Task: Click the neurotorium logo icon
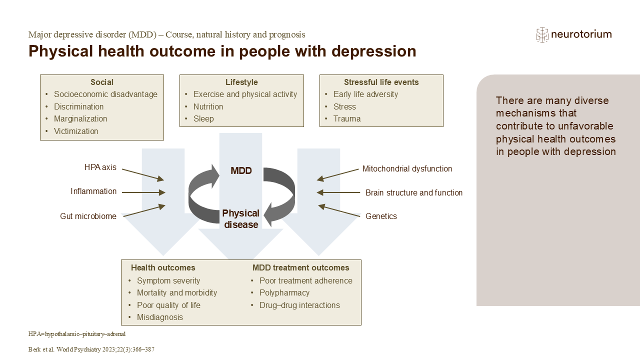(542, 34)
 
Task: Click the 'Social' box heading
(102, 82)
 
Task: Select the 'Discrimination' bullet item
(79, 106)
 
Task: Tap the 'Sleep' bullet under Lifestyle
(203, 119)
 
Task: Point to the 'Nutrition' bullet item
(208, 106)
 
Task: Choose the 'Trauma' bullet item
(347, 119)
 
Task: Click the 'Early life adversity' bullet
(365, 94)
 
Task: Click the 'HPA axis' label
(100, 167)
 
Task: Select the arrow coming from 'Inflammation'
(143, 192)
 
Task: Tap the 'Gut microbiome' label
(88, 216)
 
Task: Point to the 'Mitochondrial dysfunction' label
(407, 169)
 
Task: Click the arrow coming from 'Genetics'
(339, 210)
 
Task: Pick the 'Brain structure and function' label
(414, 193)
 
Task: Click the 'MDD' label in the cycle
(241, 171)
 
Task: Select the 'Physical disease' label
(241, 219)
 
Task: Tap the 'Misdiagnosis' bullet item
(160, 317)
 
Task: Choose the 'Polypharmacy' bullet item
(284, 293)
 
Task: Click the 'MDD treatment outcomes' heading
(300, 268)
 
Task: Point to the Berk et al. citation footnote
(91, 350)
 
